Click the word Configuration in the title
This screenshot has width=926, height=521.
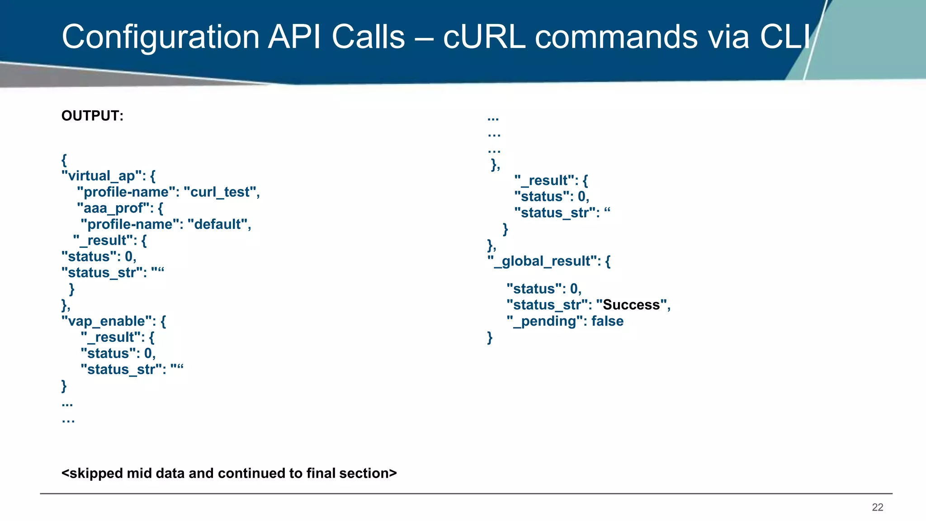(161, 37)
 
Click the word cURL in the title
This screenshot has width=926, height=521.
(484, 37)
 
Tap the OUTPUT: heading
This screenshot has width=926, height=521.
(92, 116)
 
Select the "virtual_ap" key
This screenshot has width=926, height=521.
(102, 176)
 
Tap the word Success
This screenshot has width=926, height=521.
(631, 305)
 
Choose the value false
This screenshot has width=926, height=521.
(607, 321)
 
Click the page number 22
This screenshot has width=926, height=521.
(877, 507)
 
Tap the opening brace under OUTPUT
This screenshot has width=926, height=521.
(64, 160)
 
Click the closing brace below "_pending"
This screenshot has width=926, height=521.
(490, 337)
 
